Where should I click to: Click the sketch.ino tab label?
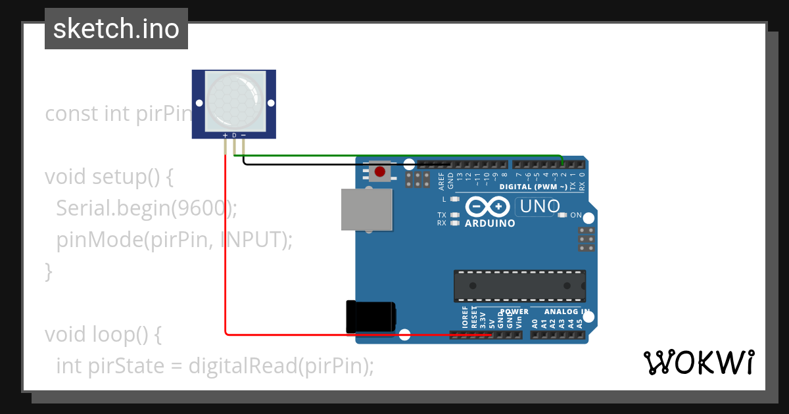[116, 29]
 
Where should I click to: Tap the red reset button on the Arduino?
[380, 172]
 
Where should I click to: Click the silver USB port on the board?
[367, 210]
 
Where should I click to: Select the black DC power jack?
[370, 316]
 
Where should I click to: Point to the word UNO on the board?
[539, 207]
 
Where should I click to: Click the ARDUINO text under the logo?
[490, 223]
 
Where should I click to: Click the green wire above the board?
[394, 156]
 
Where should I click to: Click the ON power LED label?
[576, 215]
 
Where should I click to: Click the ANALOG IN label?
[567, 311]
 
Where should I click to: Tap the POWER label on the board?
[514, 311]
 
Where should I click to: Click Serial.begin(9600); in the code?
[146, 208]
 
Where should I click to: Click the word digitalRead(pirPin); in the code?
[281, 365]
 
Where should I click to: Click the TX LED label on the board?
[442, 215]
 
